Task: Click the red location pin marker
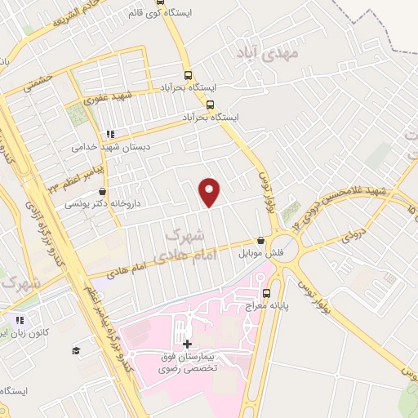(211, 192)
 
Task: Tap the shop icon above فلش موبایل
(260, 241)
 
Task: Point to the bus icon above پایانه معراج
(265, 293)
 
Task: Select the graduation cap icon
(76, 350)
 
